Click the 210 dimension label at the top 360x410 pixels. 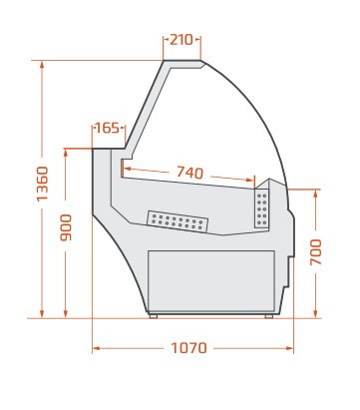181,40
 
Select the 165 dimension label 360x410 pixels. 107,128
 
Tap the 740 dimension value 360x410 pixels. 189,173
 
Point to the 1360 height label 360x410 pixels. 43,184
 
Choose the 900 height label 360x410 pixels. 66,227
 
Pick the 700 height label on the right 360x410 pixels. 316,252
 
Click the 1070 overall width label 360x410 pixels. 188,348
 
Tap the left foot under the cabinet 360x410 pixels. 154,316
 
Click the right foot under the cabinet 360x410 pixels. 269,316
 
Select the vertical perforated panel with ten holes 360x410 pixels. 261,208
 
